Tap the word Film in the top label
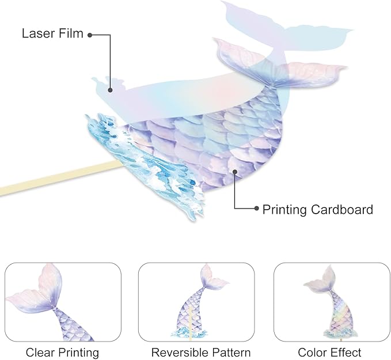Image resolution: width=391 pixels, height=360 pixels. (x=70, y=33)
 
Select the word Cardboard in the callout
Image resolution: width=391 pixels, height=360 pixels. (x=344, y=209)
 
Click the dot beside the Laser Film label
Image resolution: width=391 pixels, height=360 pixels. (x=90, y=35)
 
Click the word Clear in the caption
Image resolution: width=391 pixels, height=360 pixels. (x=39, y=352)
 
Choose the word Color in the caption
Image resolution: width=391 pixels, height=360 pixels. (x=313, y=352)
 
